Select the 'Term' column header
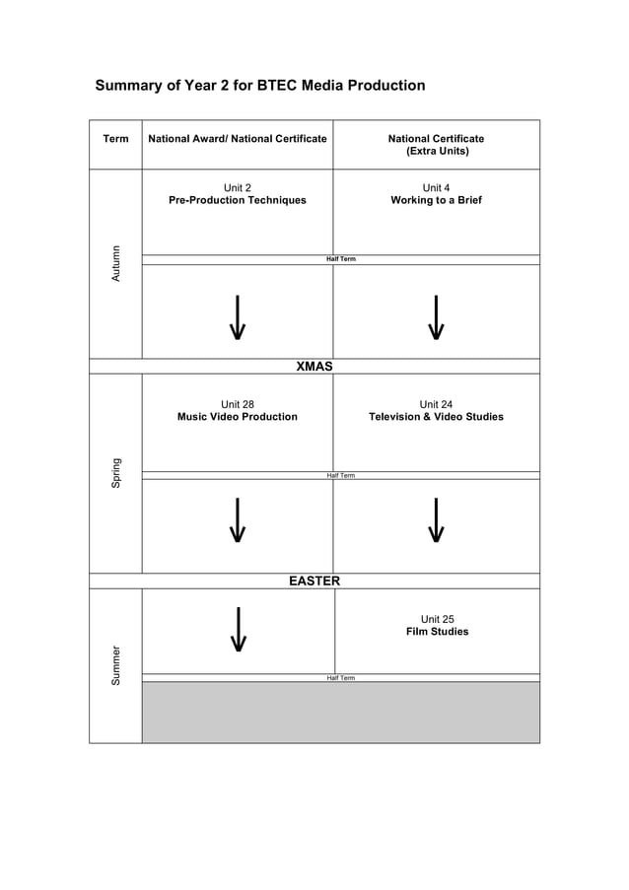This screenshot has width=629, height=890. [115, 139]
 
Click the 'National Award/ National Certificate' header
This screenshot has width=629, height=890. [237, 139]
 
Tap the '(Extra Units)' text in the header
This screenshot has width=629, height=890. [437, 152]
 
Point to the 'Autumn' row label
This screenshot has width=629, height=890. [115, 263]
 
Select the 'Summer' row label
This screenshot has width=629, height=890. [115, 665]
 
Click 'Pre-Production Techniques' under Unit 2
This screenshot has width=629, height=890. [238, 200]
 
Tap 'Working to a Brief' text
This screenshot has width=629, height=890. [436, 200]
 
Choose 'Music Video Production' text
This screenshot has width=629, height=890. [238, 417]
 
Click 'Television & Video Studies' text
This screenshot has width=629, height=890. [436, 417]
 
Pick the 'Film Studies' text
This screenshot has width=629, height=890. [437, 632]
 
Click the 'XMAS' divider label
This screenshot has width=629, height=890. [314, 367]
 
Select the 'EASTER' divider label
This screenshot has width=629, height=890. [314, 582]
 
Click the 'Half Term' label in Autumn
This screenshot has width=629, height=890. [340, 259]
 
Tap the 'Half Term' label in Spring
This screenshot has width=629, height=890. [340, 475]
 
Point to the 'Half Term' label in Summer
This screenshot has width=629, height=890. [340, 678]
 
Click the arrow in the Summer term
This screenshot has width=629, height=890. [238, 630]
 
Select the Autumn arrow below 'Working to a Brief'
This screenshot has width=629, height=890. [436, 317]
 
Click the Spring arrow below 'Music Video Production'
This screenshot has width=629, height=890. [238, 521]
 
